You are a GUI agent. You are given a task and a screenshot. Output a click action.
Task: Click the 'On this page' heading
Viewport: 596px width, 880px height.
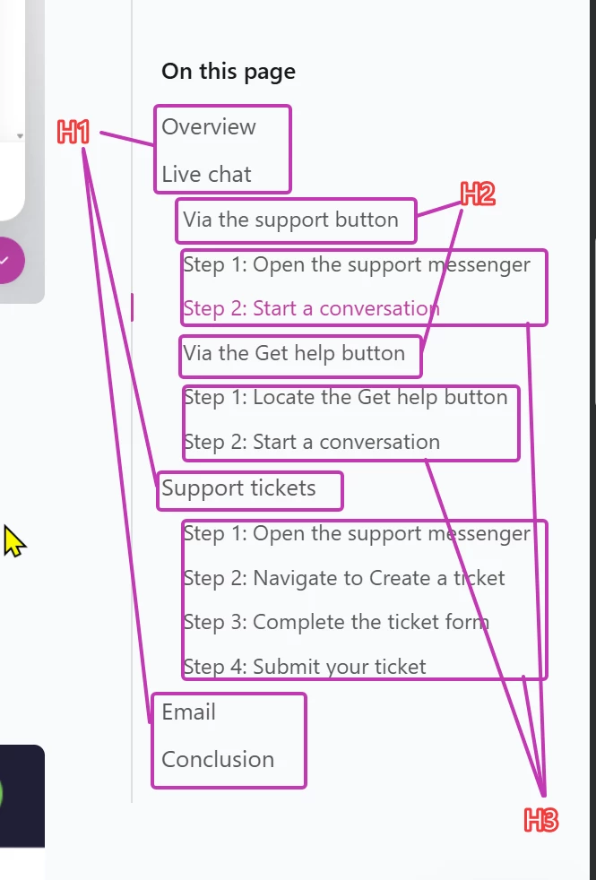[x=229, y=72]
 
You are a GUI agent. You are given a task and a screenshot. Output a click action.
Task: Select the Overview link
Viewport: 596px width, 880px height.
[x=209, y=127]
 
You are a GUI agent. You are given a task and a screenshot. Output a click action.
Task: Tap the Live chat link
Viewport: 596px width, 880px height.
[x=206, y=174]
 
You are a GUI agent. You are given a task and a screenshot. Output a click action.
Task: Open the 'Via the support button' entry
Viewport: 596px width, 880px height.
[x=290, y=220]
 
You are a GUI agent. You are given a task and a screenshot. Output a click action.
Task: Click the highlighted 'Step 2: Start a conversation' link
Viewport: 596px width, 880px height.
[x=311, y=308]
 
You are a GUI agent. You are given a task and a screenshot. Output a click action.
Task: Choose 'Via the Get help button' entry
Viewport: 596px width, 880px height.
[x=294, y=353]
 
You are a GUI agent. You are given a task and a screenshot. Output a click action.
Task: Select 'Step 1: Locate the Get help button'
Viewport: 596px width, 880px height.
[x=345, y=397]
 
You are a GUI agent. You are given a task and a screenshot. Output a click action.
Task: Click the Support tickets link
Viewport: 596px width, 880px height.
[x=238, y=488]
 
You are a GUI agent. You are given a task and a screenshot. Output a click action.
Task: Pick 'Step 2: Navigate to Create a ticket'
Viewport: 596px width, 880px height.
[x=344, y=578]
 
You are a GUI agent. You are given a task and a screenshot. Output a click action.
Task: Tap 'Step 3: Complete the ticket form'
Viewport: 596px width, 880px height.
[x=336, y=623]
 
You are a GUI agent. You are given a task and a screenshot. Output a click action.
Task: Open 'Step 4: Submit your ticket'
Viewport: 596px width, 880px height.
[x=305, y=667]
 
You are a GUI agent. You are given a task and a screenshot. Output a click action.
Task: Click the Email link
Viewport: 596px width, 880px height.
[x=188, y=712]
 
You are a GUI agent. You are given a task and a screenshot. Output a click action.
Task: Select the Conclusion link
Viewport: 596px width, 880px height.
[x=218, y=759]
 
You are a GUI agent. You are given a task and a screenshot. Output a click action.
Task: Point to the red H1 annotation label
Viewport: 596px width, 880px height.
[x=73, y=133]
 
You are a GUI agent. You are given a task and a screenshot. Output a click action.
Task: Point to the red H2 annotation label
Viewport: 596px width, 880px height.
[x=478, y=194]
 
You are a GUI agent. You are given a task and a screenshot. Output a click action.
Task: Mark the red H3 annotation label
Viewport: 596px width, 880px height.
[x=541, y=820]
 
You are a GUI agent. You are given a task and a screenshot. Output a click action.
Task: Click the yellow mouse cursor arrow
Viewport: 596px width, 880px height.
[x=13, y=541]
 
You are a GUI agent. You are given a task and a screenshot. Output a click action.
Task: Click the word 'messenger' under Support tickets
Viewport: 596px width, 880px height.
[x=479, y=534]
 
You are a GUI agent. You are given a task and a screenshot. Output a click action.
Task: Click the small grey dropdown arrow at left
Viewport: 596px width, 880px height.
[x=21, y=136]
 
